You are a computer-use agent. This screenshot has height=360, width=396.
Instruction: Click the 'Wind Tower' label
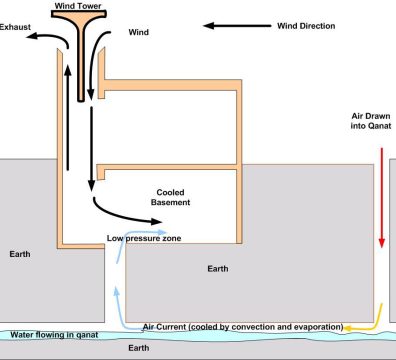[78, 6]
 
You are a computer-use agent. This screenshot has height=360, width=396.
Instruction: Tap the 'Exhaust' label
[15, 27]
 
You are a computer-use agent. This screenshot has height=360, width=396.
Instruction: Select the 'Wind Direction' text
[306, 26]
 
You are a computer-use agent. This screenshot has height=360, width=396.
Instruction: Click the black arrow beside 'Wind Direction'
[237, 26]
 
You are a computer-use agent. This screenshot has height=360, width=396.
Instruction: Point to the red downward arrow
[382, 198]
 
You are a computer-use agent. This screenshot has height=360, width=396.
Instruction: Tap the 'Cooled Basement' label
[170, 197]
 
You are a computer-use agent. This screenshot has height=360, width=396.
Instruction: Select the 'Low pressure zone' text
[144, 238]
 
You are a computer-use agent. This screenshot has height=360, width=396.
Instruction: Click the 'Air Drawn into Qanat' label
[371, 121]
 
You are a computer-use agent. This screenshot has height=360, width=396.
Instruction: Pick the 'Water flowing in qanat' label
[54, 335]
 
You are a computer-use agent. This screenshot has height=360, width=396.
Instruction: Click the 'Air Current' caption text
[243, 327]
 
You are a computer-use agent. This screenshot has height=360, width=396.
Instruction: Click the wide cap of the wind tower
[79, 14]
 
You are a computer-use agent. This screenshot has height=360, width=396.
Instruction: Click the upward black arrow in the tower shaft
[68, 118]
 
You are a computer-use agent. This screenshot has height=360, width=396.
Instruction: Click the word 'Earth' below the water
[139, 348]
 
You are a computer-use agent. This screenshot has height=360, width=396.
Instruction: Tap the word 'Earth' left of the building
[20, 254]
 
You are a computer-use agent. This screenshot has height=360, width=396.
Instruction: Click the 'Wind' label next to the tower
[139, 32]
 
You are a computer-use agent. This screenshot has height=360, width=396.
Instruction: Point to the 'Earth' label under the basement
[218, 269]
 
